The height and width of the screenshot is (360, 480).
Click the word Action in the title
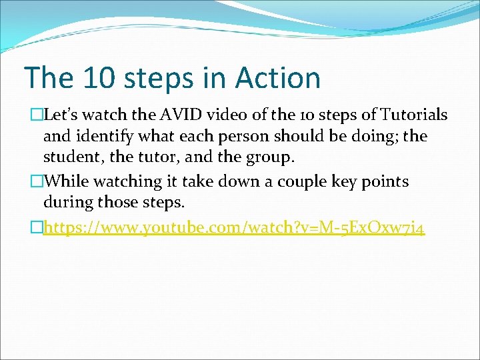pos(277,78)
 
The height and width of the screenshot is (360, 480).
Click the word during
pos(68,203)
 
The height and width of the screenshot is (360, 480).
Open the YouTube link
pos(233,229)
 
